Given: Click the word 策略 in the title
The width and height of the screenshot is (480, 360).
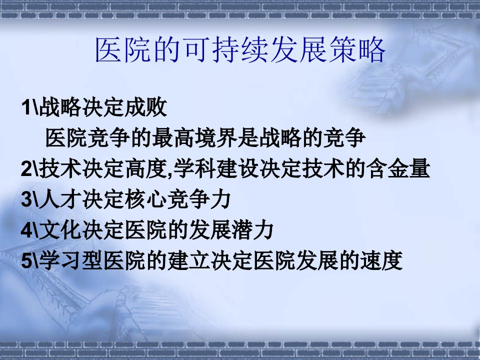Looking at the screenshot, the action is coord(356,50).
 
